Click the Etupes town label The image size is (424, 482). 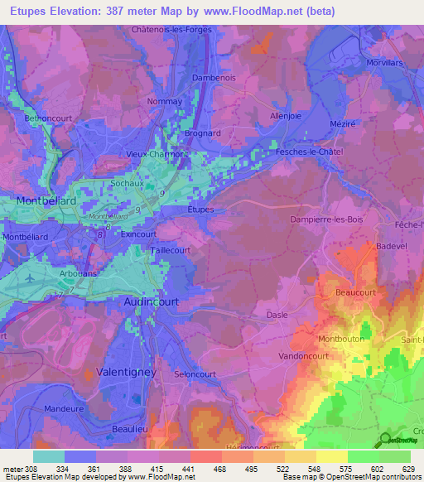[200, 210]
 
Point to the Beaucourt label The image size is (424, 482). [356, 293]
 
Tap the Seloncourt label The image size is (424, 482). [195, 374]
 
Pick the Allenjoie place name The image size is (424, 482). [289, 117]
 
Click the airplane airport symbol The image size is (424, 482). [31, 277]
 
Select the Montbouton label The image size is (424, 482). [341, 339]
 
